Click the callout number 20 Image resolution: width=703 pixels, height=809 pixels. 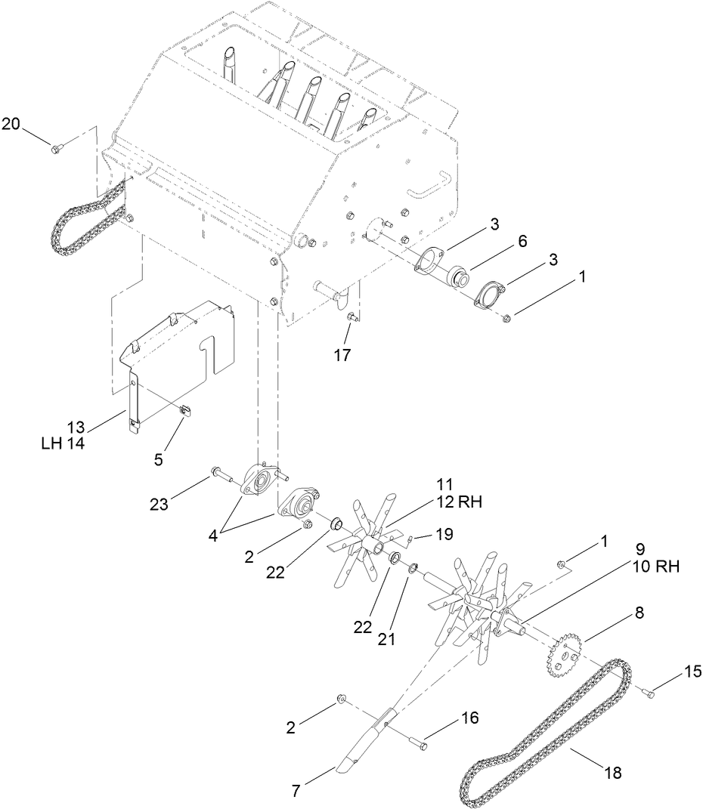11,125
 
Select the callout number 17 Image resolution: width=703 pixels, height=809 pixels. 342,355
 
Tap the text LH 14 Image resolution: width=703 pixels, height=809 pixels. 63,444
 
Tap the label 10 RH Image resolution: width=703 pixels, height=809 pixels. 654,567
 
